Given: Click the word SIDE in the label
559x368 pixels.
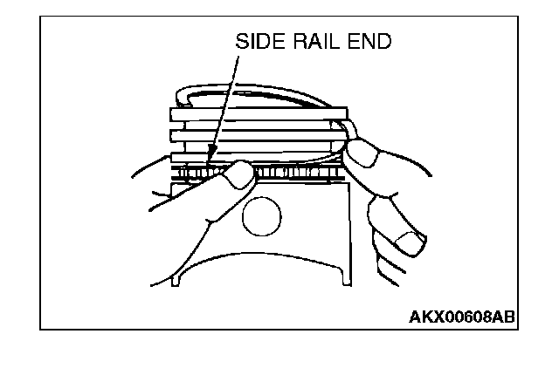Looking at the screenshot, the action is tap(258, 41).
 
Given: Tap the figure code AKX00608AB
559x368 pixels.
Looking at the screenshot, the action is tap(461, 315).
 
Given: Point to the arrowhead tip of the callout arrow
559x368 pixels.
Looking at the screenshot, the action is tap(210, 164).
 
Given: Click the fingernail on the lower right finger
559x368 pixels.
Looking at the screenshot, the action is tap(406, 239).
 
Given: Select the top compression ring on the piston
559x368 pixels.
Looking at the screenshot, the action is tap(259, 112).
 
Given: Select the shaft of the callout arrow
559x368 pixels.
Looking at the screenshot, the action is tap(224, 105).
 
